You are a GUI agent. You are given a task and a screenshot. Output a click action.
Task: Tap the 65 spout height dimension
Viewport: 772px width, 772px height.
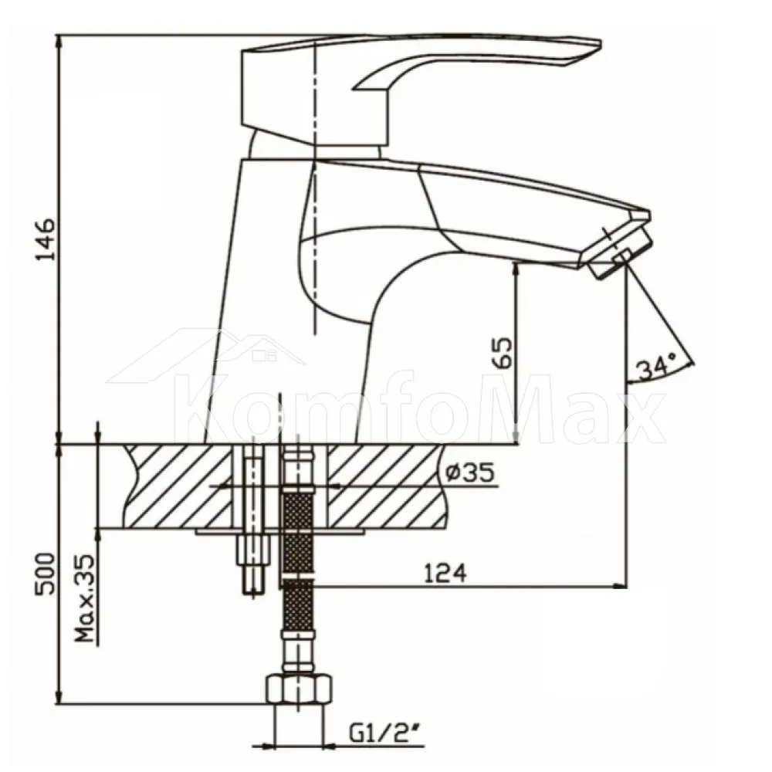(503, 353)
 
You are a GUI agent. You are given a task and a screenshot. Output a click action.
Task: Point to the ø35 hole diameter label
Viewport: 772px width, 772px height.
(469, 473)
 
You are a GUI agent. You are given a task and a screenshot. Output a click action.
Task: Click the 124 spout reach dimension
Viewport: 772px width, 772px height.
(445, 573)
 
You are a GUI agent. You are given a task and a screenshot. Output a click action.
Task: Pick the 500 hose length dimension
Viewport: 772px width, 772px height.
(45, 574)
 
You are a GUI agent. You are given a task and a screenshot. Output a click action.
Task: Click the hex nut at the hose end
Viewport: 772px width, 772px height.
(299, 691)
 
